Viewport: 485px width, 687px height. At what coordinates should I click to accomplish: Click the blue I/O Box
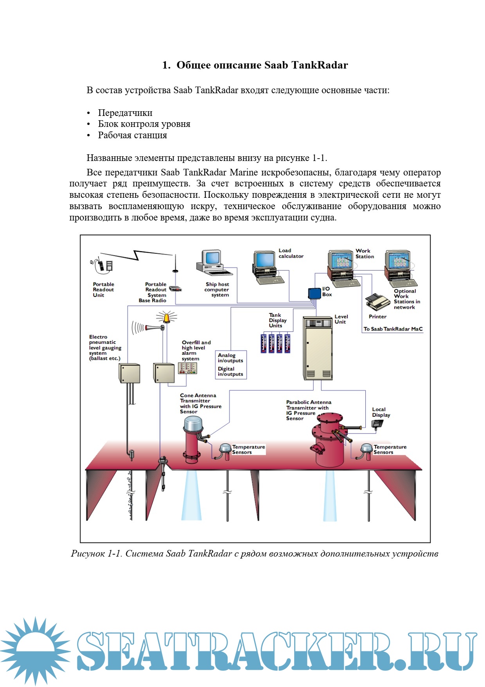(x=314, y=293)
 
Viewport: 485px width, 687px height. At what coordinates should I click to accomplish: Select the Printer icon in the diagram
(x=377, y=302)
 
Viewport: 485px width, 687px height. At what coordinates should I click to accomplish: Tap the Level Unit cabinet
(x=318, y=348)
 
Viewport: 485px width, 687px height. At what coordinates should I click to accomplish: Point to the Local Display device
(x=377, y=424)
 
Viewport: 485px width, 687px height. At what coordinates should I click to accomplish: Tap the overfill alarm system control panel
(x=188, y=368)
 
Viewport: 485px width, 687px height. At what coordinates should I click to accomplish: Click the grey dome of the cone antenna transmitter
(x=193, y=423)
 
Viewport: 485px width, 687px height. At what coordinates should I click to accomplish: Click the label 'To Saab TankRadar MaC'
(x=393, y=329)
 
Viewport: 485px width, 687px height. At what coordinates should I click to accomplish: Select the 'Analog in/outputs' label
(x=230, y=358)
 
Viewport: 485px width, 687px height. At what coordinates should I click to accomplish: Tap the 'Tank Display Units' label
(x=277, y=320)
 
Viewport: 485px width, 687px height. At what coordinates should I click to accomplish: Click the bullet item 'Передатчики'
(x=125, y=113)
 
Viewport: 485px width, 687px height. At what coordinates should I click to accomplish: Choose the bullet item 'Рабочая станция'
(x=132, y=135)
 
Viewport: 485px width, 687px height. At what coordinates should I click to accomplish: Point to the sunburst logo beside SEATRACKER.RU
(x=36, y=650)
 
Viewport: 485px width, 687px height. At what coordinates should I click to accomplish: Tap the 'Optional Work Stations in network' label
(x=407, y=299)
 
